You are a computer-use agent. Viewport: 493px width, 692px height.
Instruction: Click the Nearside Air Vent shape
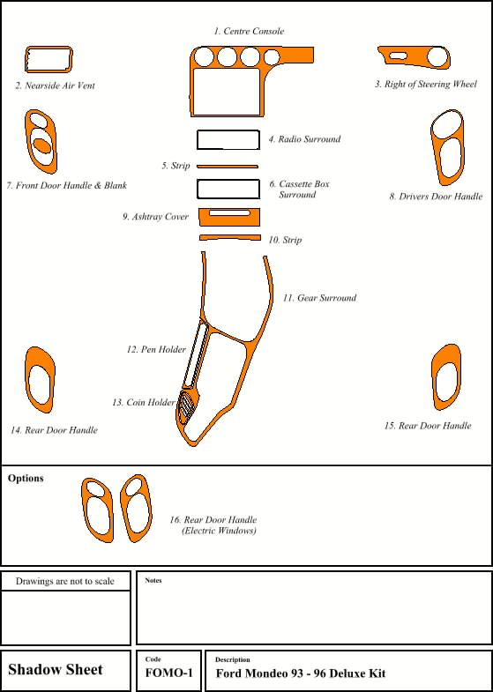pyautogui.click(x=26, y=59)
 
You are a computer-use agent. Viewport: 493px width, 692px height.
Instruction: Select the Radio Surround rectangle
pyautogui.click(x=228, y=130)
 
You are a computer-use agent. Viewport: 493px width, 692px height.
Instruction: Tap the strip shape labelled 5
pyautogui.click(x=228, y=167)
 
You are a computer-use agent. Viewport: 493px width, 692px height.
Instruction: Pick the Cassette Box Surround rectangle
pyautogui.click(x=228, y=180)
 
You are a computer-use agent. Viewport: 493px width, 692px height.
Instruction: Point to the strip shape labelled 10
pyautogui.click(x=229, y=237)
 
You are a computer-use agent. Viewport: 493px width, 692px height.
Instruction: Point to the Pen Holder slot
pyautogui.click(x=195, y=355)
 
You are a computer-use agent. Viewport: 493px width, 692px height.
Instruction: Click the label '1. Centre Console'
pyautogui.click(x=249, y=32)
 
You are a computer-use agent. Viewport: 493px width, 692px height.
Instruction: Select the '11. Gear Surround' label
pyautogui.click(x=319, y=298)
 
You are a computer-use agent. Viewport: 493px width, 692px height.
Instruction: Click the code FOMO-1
pyautogui.click(x=168, y=673)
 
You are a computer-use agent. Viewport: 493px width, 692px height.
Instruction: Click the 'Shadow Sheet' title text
pyautogui.click(x=56, y=669)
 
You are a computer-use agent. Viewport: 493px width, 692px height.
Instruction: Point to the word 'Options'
pyautogui.click(x=26, y=479)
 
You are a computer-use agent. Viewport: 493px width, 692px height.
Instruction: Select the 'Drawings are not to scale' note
pyautogui.click(x=65, y=581)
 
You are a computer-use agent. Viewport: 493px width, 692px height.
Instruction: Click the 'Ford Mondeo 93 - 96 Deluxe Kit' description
pyautogui.click(x=301, y=673)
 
